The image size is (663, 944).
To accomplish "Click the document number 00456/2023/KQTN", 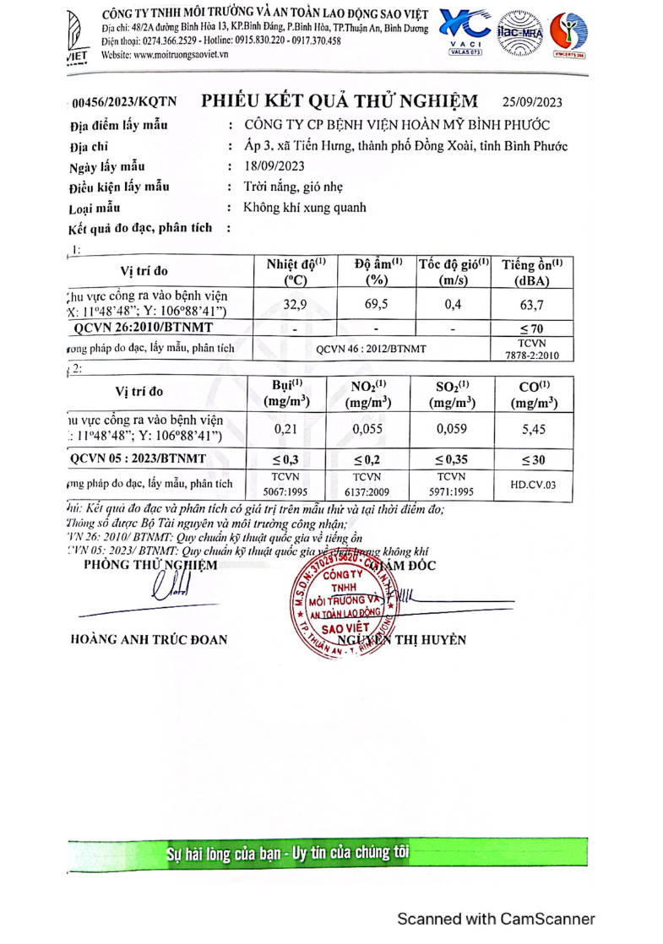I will [124, 103].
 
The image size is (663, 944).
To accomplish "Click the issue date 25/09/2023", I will [531, 102].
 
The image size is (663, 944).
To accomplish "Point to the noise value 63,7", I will [532, 303].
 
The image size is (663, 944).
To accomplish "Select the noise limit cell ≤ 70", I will [532, 328].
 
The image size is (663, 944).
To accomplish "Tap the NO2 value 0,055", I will [369, 429].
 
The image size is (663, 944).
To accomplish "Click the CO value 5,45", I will [532, 429].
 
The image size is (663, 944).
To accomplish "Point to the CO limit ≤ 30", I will [532, 460].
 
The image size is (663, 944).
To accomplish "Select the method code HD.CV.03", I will [532, 486].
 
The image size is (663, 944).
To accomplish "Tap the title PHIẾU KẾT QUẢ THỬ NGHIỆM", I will [340, 100].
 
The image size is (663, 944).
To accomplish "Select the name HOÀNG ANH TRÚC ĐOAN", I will [149, 639].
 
